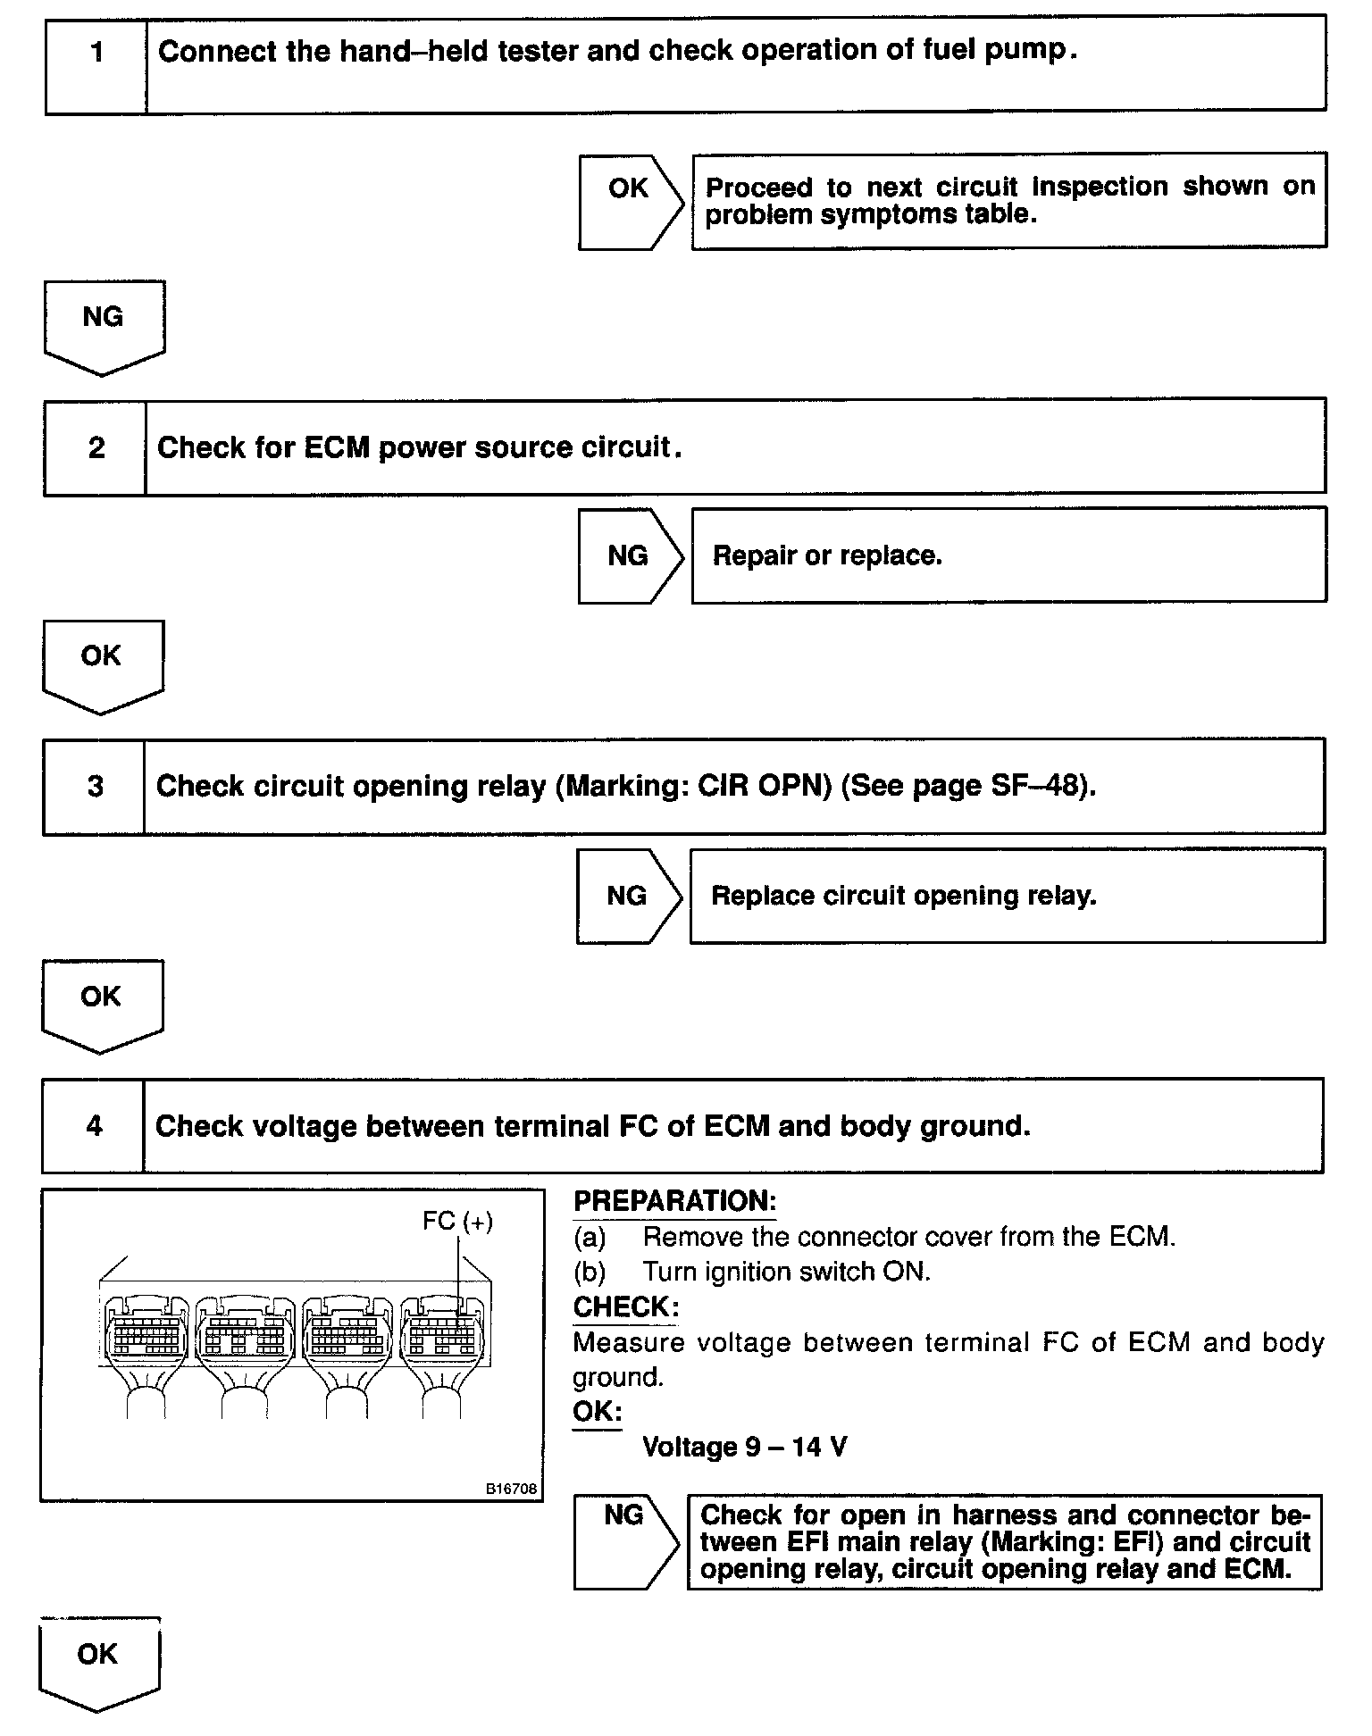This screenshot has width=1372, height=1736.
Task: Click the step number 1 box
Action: coord(96,65)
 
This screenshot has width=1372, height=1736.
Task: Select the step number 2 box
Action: coord(96,447)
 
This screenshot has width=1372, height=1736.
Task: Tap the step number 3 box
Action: coord(95,787)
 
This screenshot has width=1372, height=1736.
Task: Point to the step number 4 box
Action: coord(94,1126)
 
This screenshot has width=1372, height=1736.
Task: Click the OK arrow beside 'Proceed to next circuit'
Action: coord(630,202)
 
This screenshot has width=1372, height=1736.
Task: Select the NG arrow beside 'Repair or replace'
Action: coord(629,556)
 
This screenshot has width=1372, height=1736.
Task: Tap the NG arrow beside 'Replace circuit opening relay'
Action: coord(628,896)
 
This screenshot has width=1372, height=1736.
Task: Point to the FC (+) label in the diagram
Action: coord(457,1221)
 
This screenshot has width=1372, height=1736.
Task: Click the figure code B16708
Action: coord(511,1489)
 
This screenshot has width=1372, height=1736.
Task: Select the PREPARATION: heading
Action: coord(674,1202)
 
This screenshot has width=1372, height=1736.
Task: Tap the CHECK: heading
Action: coord(625,1307)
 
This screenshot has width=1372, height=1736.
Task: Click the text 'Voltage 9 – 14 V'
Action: coord(744,1447)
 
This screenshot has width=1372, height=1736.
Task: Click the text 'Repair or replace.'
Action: coord(827,556)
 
